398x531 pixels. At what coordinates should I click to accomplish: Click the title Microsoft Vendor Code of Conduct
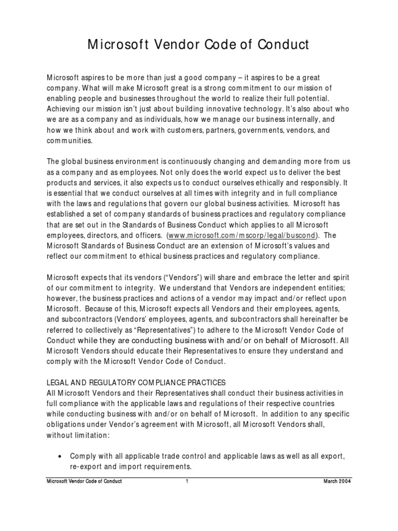click(x=198, y=46)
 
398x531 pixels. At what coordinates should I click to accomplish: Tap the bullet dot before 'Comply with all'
click(x=62, y=456)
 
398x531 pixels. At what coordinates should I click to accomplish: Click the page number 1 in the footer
click(x=186, y=482)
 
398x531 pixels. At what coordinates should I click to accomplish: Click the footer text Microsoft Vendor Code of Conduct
click(x=84, y=482)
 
